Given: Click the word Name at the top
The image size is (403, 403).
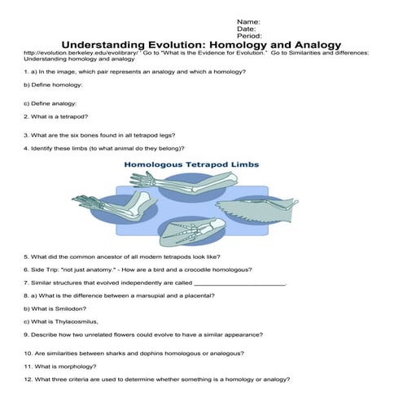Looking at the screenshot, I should (247, 20).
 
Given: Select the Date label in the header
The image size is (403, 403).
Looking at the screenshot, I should (244, 28).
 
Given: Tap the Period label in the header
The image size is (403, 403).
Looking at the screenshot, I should (247, 37).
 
